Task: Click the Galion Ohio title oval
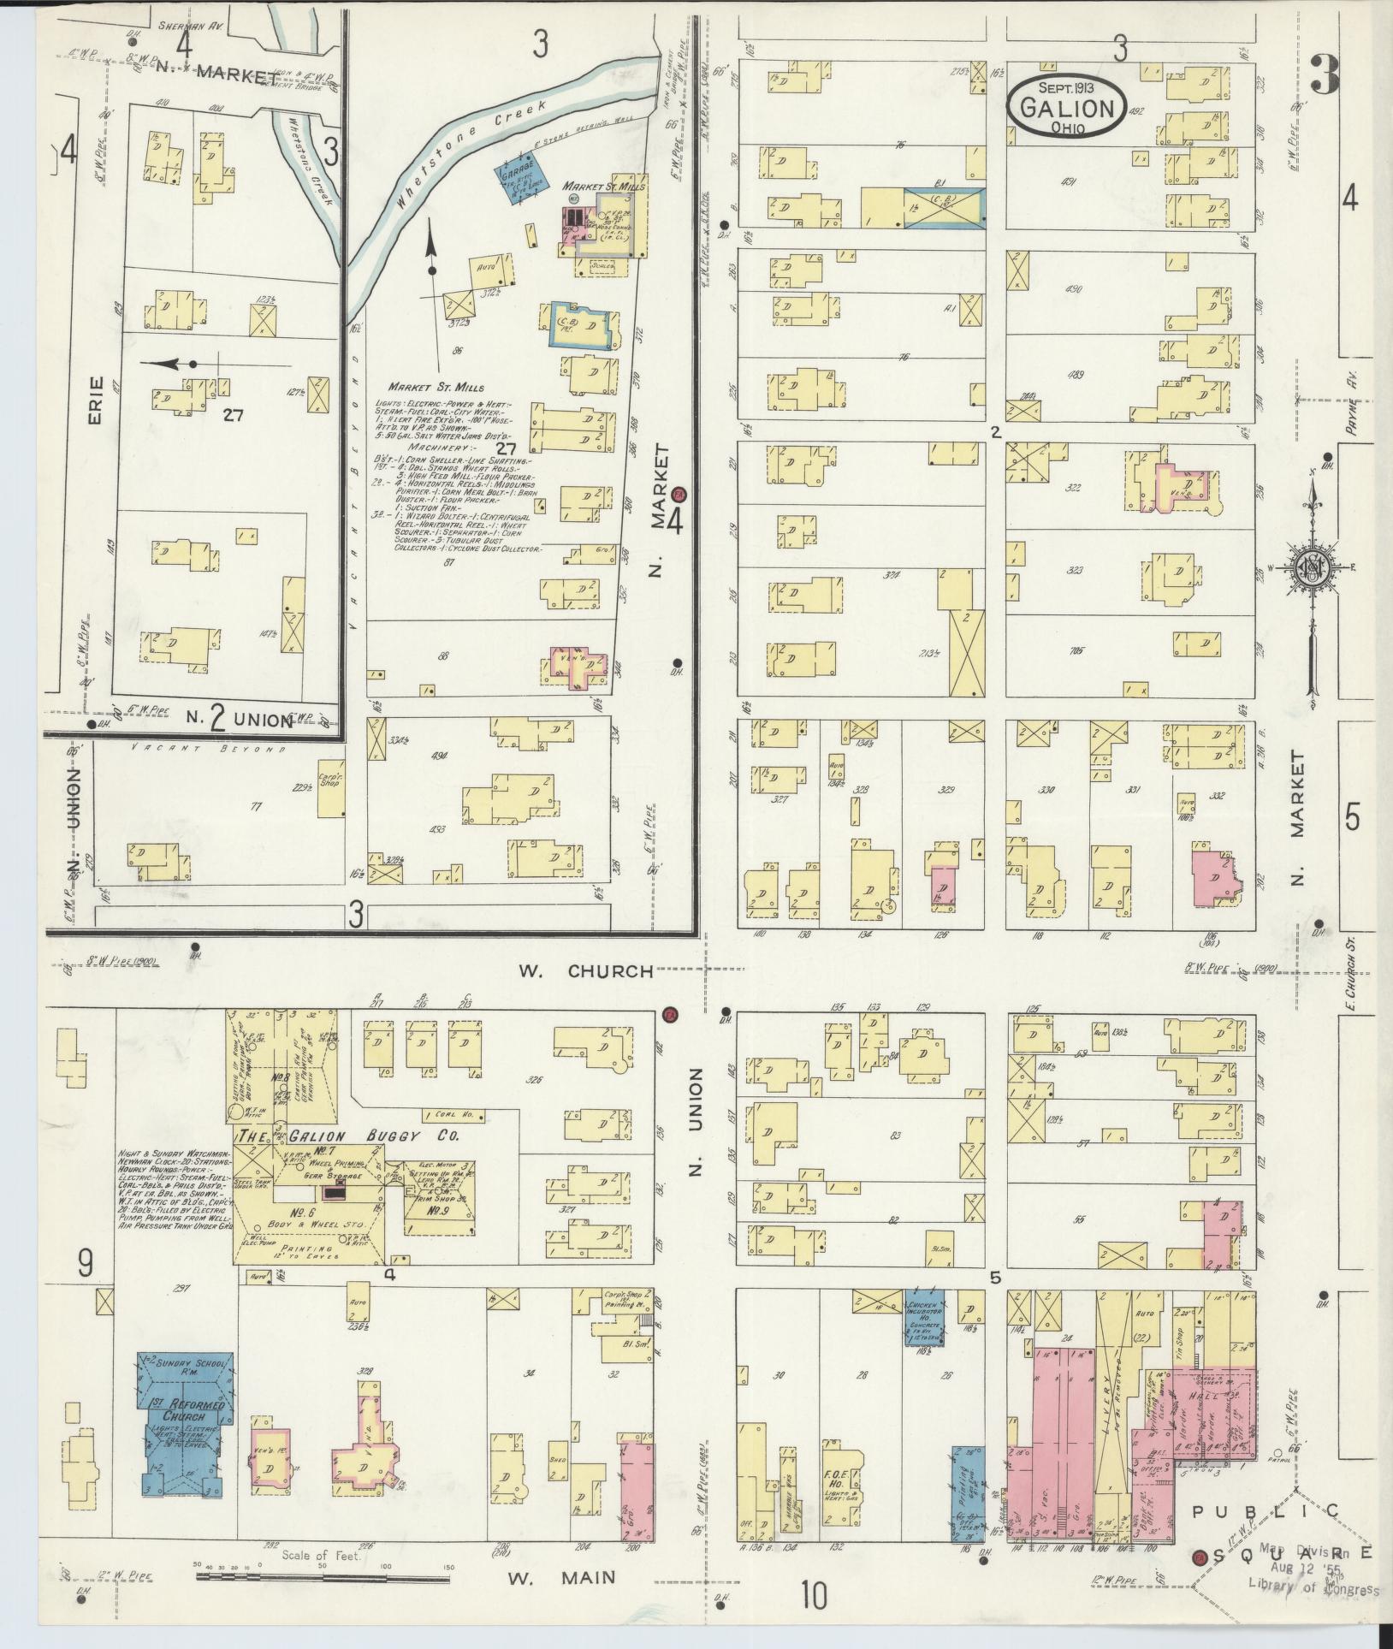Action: [x=1064, y=108]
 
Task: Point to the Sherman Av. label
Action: [x=190, y=27]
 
